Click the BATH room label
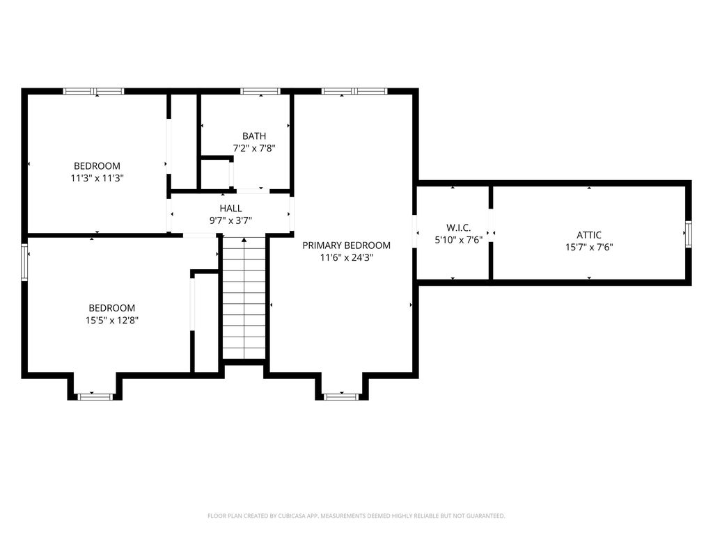(x=254, y=136)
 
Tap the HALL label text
(x=230, y=209)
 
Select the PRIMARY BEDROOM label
(x=347, y=245)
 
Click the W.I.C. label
(x=458, y=227)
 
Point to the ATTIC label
(x=589, y=235)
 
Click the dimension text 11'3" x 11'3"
(x=97, y=178)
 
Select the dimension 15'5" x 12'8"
(x=112, y=320)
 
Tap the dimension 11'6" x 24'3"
(x=347, y=257)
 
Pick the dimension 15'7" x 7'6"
(x=589, y=247)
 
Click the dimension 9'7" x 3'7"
(x=230, y=220)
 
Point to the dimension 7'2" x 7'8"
(x=254, y=148)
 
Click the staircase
(x=244, y=298)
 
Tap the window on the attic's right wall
(x=689, y=234)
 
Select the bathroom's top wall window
(x=260, y=91)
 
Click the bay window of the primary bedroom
(x=341, y=397)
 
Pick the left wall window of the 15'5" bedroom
(x=24, y=262)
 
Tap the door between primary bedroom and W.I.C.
(x=415, y=231)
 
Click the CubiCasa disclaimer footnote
(x=356, y=516)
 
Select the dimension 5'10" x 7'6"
(x=458, y=240)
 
